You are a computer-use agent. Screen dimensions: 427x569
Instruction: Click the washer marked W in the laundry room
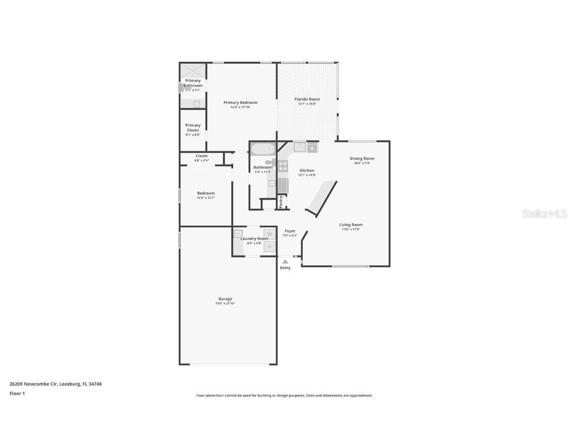(270, 234)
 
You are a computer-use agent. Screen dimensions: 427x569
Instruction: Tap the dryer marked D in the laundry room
(270, 246)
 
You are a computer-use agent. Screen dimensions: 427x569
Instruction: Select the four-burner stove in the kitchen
(283, 166)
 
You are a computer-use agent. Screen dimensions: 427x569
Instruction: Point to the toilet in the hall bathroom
(271, 162)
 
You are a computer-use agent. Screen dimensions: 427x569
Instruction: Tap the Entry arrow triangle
(285, 261)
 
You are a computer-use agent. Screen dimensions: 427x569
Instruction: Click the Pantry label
(281, 201)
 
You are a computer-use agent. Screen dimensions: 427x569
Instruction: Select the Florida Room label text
(307, 99)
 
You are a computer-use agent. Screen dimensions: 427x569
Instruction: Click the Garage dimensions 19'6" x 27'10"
(225, 303)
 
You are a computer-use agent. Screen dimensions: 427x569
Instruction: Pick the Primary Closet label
(193, 128)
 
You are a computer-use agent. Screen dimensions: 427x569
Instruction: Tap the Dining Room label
(362, 159)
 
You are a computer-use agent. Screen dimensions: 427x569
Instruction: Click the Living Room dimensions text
(351, 229)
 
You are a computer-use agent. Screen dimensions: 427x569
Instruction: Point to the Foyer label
(290, 231)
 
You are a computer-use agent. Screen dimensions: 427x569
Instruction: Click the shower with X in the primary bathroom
(193, 70)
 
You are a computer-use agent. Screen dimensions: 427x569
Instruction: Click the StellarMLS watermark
(544, 214)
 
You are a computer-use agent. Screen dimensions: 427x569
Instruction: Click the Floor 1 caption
(17, 393)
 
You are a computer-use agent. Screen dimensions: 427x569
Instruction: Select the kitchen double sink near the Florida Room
(300, 147)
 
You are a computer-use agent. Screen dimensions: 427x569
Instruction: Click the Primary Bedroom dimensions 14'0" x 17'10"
(241, 107)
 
